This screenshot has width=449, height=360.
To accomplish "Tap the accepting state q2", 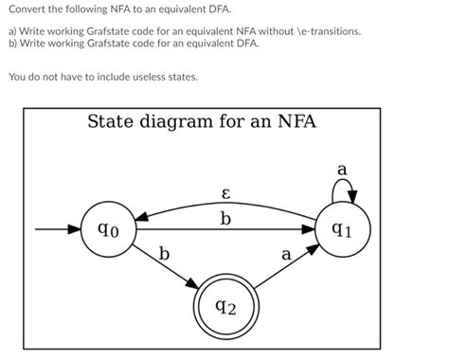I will [225, 307].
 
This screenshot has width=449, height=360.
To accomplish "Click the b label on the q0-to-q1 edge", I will [224, 220].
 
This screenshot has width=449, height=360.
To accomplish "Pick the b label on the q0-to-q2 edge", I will [164, 254].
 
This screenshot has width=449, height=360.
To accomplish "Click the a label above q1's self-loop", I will [342, 170].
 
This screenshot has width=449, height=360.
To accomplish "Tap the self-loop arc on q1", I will [342, 190].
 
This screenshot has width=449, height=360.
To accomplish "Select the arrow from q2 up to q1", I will [284, 269].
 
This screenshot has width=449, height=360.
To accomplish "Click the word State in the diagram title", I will [112, 121].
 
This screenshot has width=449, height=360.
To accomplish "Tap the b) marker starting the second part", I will [13, 44].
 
